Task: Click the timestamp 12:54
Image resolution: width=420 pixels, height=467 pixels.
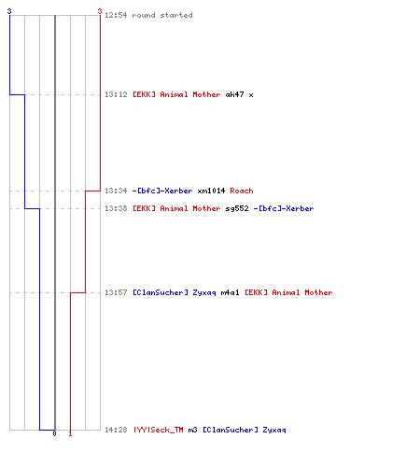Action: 116,15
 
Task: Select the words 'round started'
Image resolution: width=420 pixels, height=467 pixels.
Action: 162,15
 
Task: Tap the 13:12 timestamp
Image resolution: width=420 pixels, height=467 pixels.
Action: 116,94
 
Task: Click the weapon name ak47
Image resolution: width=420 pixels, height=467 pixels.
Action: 234,94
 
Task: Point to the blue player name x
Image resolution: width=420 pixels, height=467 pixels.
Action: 251,95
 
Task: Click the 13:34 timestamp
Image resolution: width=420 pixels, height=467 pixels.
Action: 116,191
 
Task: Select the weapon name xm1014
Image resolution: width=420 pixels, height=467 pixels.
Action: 211,191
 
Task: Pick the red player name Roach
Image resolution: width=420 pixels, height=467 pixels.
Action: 242,191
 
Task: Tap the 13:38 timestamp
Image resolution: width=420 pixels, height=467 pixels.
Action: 116,208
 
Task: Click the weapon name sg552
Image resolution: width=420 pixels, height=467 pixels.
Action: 237,208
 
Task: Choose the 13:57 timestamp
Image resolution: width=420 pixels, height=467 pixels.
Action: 116,292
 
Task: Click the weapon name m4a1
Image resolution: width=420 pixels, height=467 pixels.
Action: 231,292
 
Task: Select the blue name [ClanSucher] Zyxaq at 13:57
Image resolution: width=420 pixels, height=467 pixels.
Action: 175,292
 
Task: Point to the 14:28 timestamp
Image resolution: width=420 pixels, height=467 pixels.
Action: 116,430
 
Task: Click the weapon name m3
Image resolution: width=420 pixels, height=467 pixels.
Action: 193,430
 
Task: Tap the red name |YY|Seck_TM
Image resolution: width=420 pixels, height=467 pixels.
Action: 159,430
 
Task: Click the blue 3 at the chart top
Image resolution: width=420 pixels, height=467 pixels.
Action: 9,11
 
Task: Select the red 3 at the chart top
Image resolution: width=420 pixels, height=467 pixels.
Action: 100,11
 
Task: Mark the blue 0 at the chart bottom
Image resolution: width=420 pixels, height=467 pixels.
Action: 54,433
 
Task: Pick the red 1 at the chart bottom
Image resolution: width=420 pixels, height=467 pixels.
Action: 70,433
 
